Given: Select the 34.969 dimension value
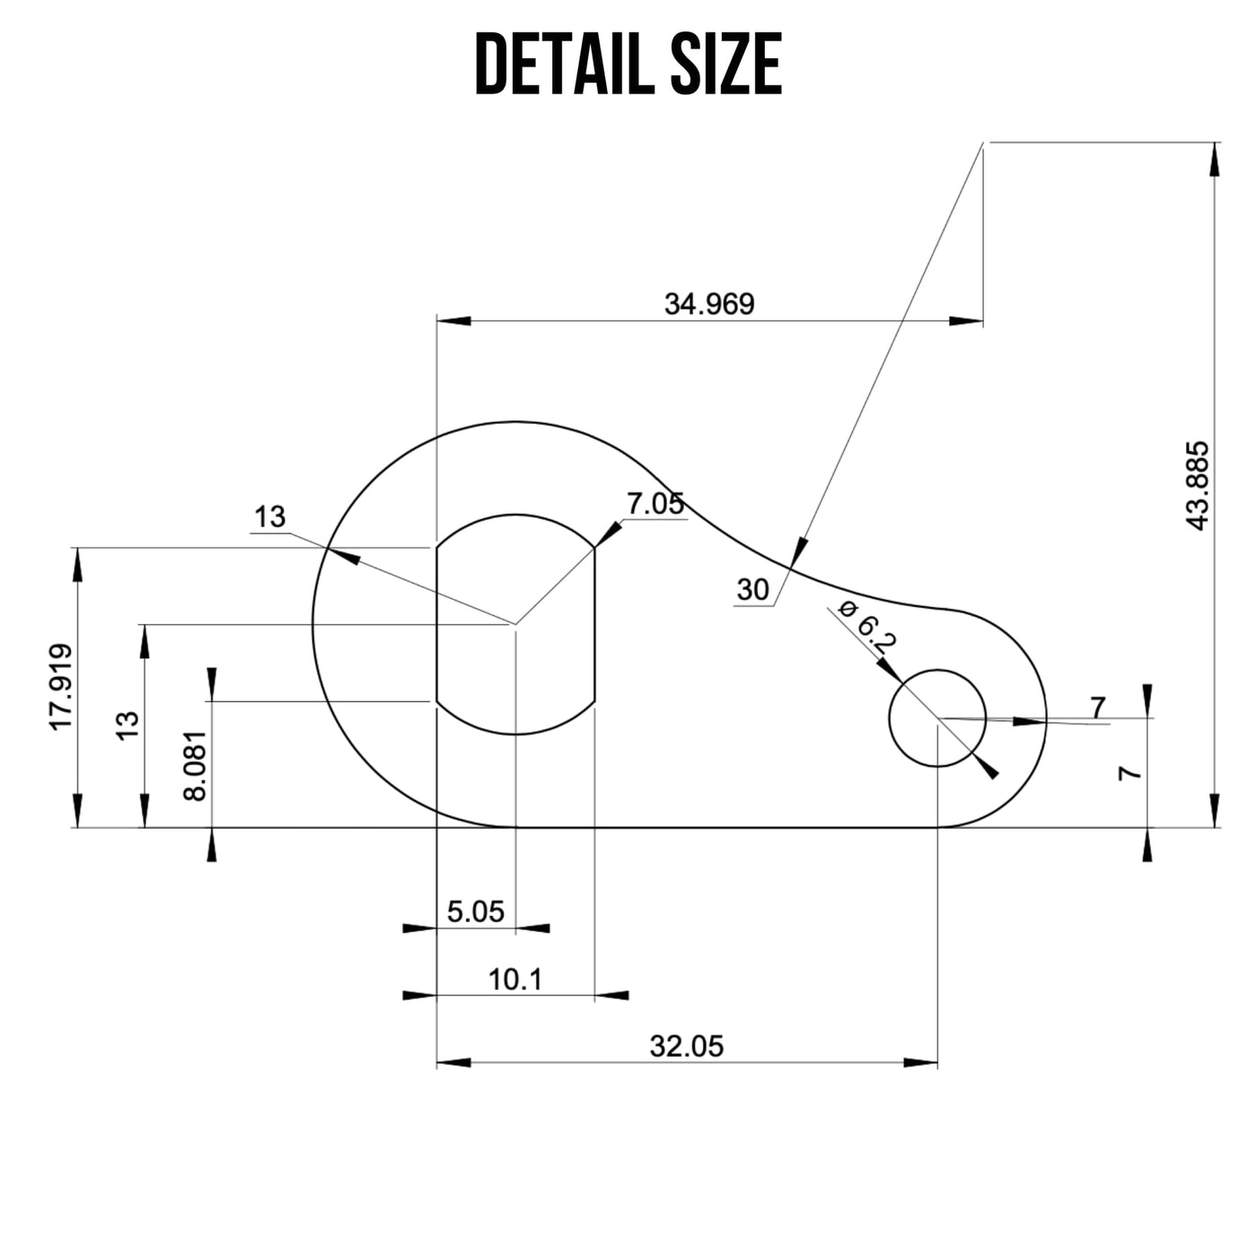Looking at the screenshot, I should point(709,304).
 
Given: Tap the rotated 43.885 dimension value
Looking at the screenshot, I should point(1198,486).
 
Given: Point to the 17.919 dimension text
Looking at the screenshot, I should point(61,687).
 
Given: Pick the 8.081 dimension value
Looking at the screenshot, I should point(195,765).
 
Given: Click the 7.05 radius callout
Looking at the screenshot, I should point(655,505).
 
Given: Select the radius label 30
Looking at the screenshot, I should point(752,590).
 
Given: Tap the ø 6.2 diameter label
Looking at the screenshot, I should point(866,626).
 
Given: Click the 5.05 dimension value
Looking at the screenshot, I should point(476,912).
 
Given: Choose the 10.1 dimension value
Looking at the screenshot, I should point(515,980).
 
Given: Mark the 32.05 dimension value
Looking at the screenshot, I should point(686,1046).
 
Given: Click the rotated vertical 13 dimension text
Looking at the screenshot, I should point(128,725).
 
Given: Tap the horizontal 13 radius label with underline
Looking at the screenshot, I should point(269,517).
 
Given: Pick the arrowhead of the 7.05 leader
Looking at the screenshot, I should point(608,533).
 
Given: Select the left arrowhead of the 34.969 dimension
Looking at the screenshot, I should point(453,321).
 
